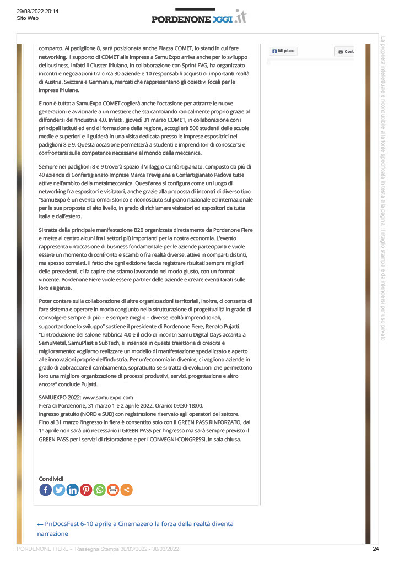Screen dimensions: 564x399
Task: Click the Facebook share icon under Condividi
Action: [x=46, y=490]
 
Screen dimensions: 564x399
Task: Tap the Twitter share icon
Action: [x=59, y=490]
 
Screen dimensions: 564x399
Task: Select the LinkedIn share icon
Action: [x=73, y=490]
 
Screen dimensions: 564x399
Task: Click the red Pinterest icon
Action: [x=86, y=490]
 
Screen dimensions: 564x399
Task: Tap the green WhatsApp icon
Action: [x=100, y=490]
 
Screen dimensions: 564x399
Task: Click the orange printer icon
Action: [x=113, y=490]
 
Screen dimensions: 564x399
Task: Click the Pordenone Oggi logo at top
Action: [x=199, y=18]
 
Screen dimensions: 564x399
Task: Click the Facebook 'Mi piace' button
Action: [x=284, y=51]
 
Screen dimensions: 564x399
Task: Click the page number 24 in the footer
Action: [x=376, y=549]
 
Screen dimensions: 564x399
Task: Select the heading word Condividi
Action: [x=51, y=479]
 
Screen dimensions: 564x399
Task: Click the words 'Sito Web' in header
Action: [x=28, y=18]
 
